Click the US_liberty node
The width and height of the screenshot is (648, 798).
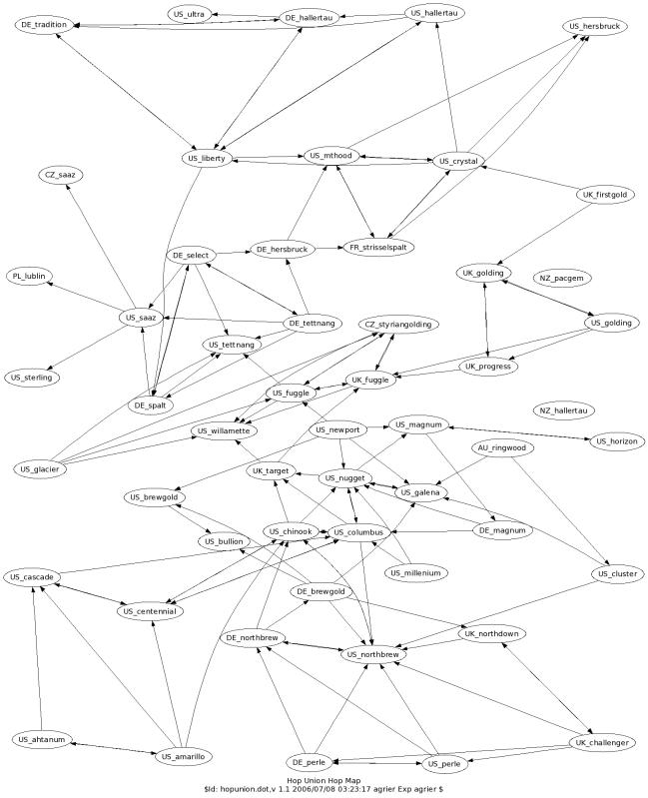(x=207, y=158)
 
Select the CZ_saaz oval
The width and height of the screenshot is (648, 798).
(x=60, y=175)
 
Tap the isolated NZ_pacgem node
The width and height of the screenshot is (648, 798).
(x=561, y=279)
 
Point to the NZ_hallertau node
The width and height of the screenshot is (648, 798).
(x=563, y=410)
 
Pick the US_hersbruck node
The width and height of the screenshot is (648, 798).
(x=595, y=26)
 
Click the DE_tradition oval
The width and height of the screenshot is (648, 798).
(x=44, y=25)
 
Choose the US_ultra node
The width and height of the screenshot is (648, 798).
(x=189, y=14)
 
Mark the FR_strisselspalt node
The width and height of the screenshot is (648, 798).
(x=378, y=248)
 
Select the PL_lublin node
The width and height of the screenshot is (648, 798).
(x=29, y=277)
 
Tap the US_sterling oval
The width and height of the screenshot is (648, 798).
(x=32, y=378)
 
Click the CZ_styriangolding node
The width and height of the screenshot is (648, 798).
(x=398, y=325)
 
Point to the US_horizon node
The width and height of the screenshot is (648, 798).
(x=616, y=441)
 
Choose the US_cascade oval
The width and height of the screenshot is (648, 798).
(x=32, y=577)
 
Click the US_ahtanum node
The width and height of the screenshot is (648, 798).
(x=42, y=740)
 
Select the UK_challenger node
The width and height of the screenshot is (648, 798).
(x=602, y=743)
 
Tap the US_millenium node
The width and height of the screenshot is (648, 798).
(x=415, y=573)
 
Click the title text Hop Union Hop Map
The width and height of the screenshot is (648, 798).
(x=324, y=781)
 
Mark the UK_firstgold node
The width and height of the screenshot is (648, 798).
(x=605, y=195)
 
